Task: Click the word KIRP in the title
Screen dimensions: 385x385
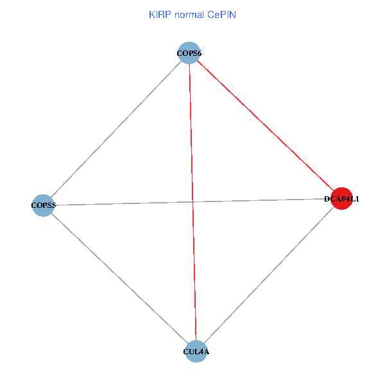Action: [x=157, y=15]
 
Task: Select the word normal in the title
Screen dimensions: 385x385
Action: [x=189, y=15]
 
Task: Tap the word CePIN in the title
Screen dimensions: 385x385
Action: [x=222, y=15]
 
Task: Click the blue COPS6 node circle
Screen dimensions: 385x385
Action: [x=189, y=53]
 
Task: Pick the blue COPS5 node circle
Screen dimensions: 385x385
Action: [x=43, y=205]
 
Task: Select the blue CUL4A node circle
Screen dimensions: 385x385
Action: [x=196, y=352]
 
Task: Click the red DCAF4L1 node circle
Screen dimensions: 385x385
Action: [x=341, y=199]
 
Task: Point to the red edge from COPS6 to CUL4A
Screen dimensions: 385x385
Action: [x=193, y=202]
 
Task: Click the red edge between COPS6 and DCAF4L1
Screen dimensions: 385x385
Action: [x=266, y=126]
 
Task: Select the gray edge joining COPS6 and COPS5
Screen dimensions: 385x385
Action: [x=116, y=129]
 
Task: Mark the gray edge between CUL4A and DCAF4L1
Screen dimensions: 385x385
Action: [x=269, y=275]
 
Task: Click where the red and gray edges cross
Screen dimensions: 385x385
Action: [x=193, y=202]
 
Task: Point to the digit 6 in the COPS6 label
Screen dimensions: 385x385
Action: [x=199, y=53]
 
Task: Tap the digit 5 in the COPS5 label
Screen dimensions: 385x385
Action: [x=53, y=205]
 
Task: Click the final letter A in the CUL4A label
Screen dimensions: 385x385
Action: [x=206, y=352]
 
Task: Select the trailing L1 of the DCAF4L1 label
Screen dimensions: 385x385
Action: [x=354, y=199]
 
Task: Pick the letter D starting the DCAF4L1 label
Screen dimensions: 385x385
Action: [x=327, y=199]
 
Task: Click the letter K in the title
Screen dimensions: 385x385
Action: [x=151, y=15]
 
